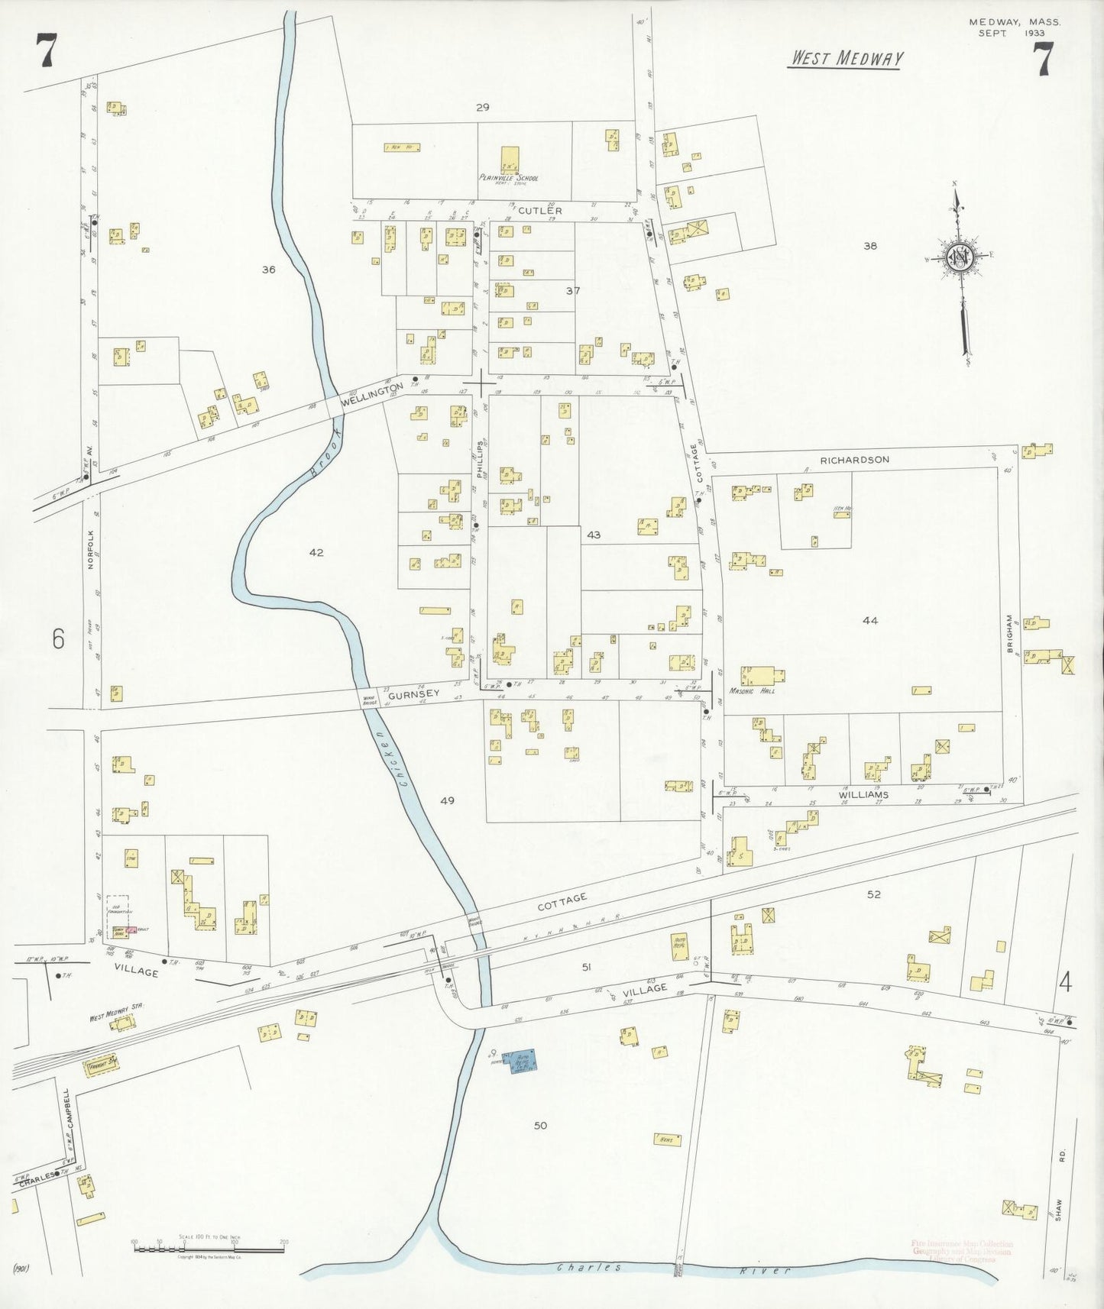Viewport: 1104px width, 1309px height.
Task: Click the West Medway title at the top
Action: pos(845,59)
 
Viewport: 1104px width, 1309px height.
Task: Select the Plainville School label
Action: pos(509,179)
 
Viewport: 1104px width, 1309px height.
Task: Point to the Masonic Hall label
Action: pos(757,690)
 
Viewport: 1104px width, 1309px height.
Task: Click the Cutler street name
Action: pos(539,210)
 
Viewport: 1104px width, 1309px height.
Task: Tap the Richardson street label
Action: pos(855,460)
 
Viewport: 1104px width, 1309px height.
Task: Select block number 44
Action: pos(869,620)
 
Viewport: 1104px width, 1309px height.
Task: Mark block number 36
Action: pos(267,270)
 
